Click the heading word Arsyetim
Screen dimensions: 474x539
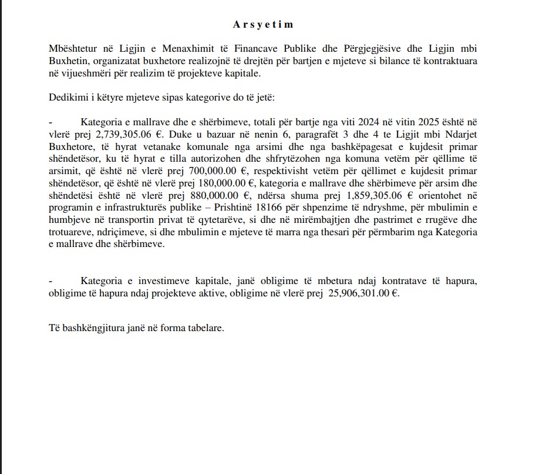pyautogui.click(x=262, y=25)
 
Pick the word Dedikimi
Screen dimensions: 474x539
pyautogui.click(x=68, y=96)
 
